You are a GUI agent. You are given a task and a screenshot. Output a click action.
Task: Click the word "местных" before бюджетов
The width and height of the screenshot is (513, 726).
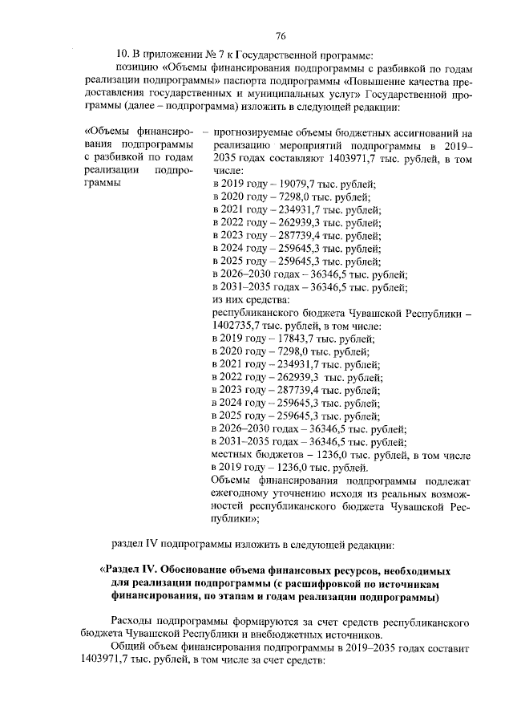(x=233, y=455)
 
